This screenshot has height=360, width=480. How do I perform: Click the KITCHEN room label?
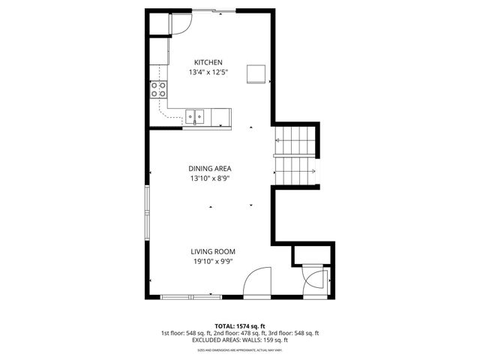pyautogui.click(x=208, y=62)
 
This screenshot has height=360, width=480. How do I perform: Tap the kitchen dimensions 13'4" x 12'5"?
pyautogui.click(x=208, y=73)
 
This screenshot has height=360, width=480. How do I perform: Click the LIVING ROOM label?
pyautogui.click(x=213, y=251)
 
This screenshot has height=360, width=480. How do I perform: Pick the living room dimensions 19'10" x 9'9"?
pyautogui.click(x=213, y=262)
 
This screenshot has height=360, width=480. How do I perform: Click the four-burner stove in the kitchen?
pyautogui.click(x=158, y=90)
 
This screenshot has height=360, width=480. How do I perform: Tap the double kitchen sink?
pyautogui.click(x=196, y=116)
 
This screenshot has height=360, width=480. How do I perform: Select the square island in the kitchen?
pyautogui.click(x=257, y=73)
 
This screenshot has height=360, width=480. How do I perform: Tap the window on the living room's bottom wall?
pyautogui.click(x=187, y=295)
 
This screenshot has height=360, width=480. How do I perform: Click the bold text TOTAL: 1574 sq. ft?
pyautogui.click(x=239, y=325)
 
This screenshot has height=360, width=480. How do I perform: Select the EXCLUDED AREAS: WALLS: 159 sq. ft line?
pyautogui.click(x=239, y=340)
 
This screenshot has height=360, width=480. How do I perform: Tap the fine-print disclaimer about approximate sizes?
pyautogui.click(x=239, y=349)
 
